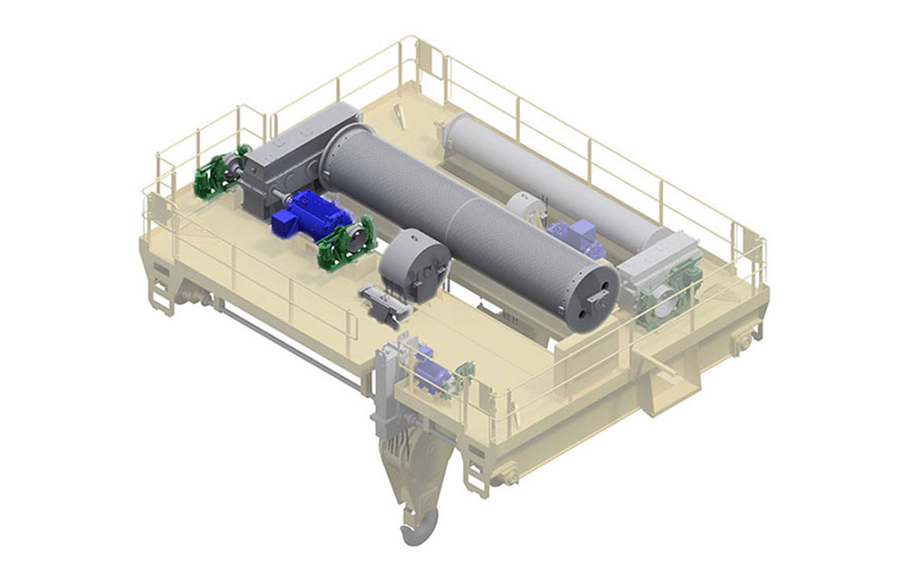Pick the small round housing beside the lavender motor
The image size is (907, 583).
click(527, 208)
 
